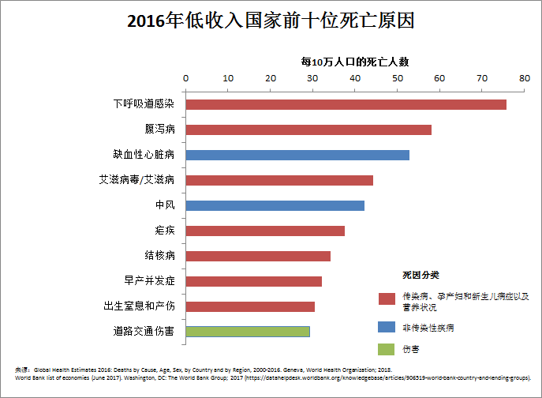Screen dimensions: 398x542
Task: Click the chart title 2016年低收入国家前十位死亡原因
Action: (x=271, y=21)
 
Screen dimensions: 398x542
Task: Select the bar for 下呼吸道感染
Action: (x=346, y=104)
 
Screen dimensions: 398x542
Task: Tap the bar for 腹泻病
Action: (x=308, y=130)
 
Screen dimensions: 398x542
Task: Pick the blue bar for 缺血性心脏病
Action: (x=297, y=155)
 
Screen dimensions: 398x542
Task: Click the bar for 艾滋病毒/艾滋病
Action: (x=279, y=180)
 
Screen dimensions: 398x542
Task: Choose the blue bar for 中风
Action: (x=275, y=205)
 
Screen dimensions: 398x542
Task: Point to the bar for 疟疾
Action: (x=265, y=231)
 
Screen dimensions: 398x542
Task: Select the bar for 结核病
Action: (x=258, y=256)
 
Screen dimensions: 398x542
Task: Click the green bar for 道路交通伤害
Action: (x=248, y=332)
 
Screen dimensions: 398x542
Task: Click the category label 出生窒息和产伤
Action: (x=139, y=306)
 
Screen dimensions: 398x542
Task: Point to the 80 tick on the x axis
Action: (x=523, y=77)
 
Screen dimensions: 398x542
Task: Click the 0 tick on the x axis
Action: (x=185, y=77)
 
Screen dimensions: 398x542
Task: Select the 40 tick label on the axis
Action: (x=354, y=77)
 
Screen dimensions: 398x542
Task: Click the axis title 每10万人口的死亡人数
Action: (x=354, y=61)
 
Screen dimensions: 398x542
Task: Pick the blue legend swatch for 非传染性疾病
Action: (x=387, y=327)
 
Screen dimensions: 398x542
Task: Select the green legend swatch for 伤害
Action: (x=387, y=349)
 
